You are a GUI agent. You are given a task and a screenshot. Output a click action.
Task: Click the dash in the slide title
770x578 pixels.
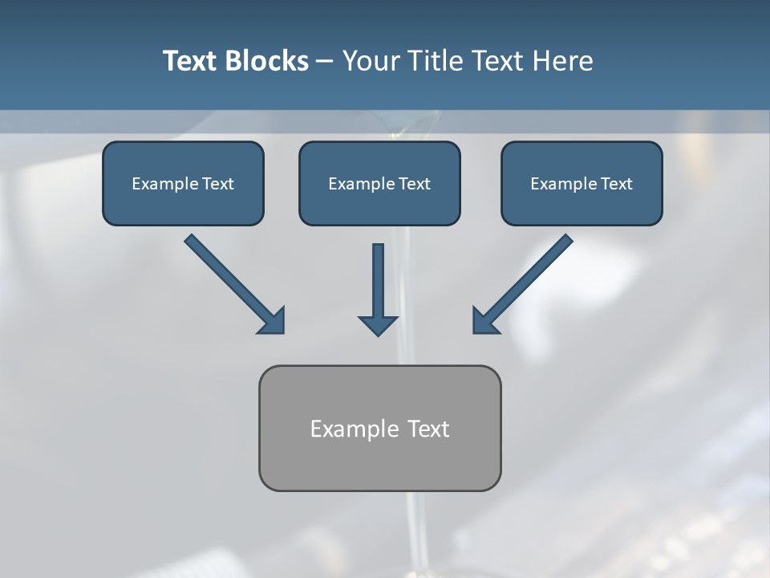325,61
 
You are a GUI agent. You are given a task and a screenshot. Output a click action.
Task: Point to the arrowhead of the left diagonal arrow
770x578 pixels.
273,321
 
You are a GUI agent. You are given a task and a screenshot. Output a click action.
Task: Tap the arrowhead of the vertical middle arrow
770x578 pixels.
378,325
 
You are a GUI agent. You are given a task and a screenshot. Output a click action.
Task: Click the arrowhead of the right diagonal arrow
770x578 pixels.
484,321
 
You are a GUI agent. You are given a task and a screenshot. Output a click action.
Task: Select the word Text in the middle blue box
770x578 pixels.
415,184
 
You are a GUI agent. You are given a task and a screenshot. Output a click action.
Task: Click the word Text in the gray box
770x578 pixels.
428,429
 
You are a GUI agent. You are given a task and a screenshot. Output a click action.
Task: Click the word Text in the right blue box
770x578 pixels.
617,184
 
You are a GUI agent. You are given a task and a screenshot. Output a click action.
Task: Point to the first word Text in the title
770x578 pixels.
192,61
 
